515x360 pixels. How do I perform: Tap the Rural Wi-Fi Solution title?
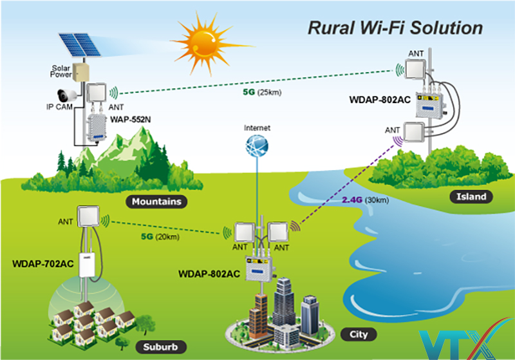(395, 28)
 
